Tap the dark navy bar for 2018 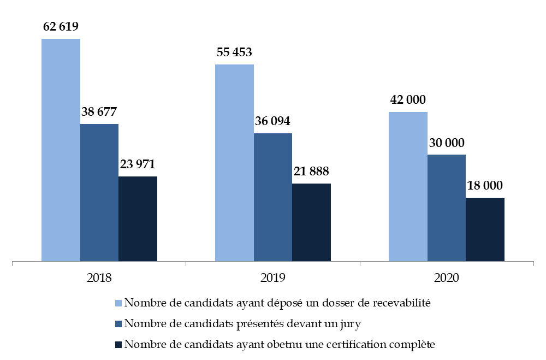(x=138, y=219)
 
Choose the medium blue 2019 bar (x=273, y=197)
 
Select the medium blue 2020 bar (x=447, y=208)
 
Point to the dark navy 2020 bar (x=485, y=229)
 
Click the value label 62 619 (x=61, y=26)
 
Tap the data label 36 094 (x=273, y=121)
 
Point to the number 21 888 (x=311, y=172)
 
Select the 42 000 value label (x=408, y=100)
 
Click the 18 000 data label (x=485, y=185)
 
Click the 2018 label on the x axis (x=99, y=277)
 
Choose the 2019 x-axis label (x=273, y=277)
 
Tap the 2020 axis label (x=447, y=277)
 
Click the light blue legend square (x=118, y=303)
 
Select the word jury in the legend (x=349, y=324)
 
